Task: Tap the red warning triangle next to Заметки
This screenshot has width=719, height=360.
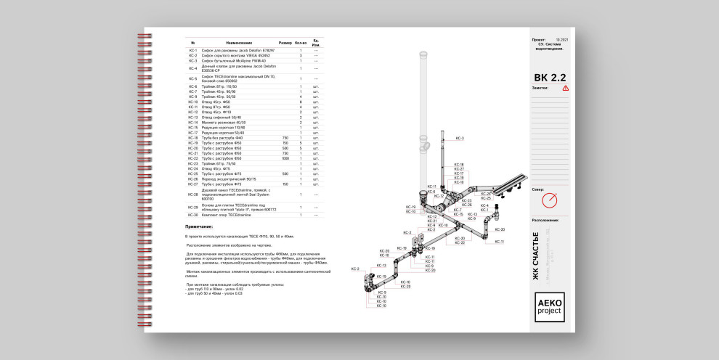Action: [566, 88]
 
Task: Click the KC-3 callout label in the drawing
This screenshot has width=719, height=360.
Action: [459, 137]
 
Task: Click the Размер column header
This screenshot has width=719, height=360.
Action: [285, 42]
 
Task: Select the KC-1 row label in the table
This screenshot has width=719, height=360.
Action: [193, 50]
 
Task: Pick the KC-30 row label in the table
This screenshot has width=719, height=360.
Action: [193, 215]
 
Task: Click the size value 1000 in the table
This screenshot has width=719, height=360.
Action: [285, 158]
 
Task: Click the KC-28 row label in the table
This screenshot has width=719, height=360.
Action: [193, 195]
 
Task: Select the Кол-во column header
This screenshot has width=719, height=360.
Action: [301, 42]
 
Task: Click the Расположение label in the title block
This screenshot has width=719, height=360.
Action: [545, 219]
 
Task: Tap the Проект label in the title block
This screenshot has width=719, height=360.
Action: [539, 40]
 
